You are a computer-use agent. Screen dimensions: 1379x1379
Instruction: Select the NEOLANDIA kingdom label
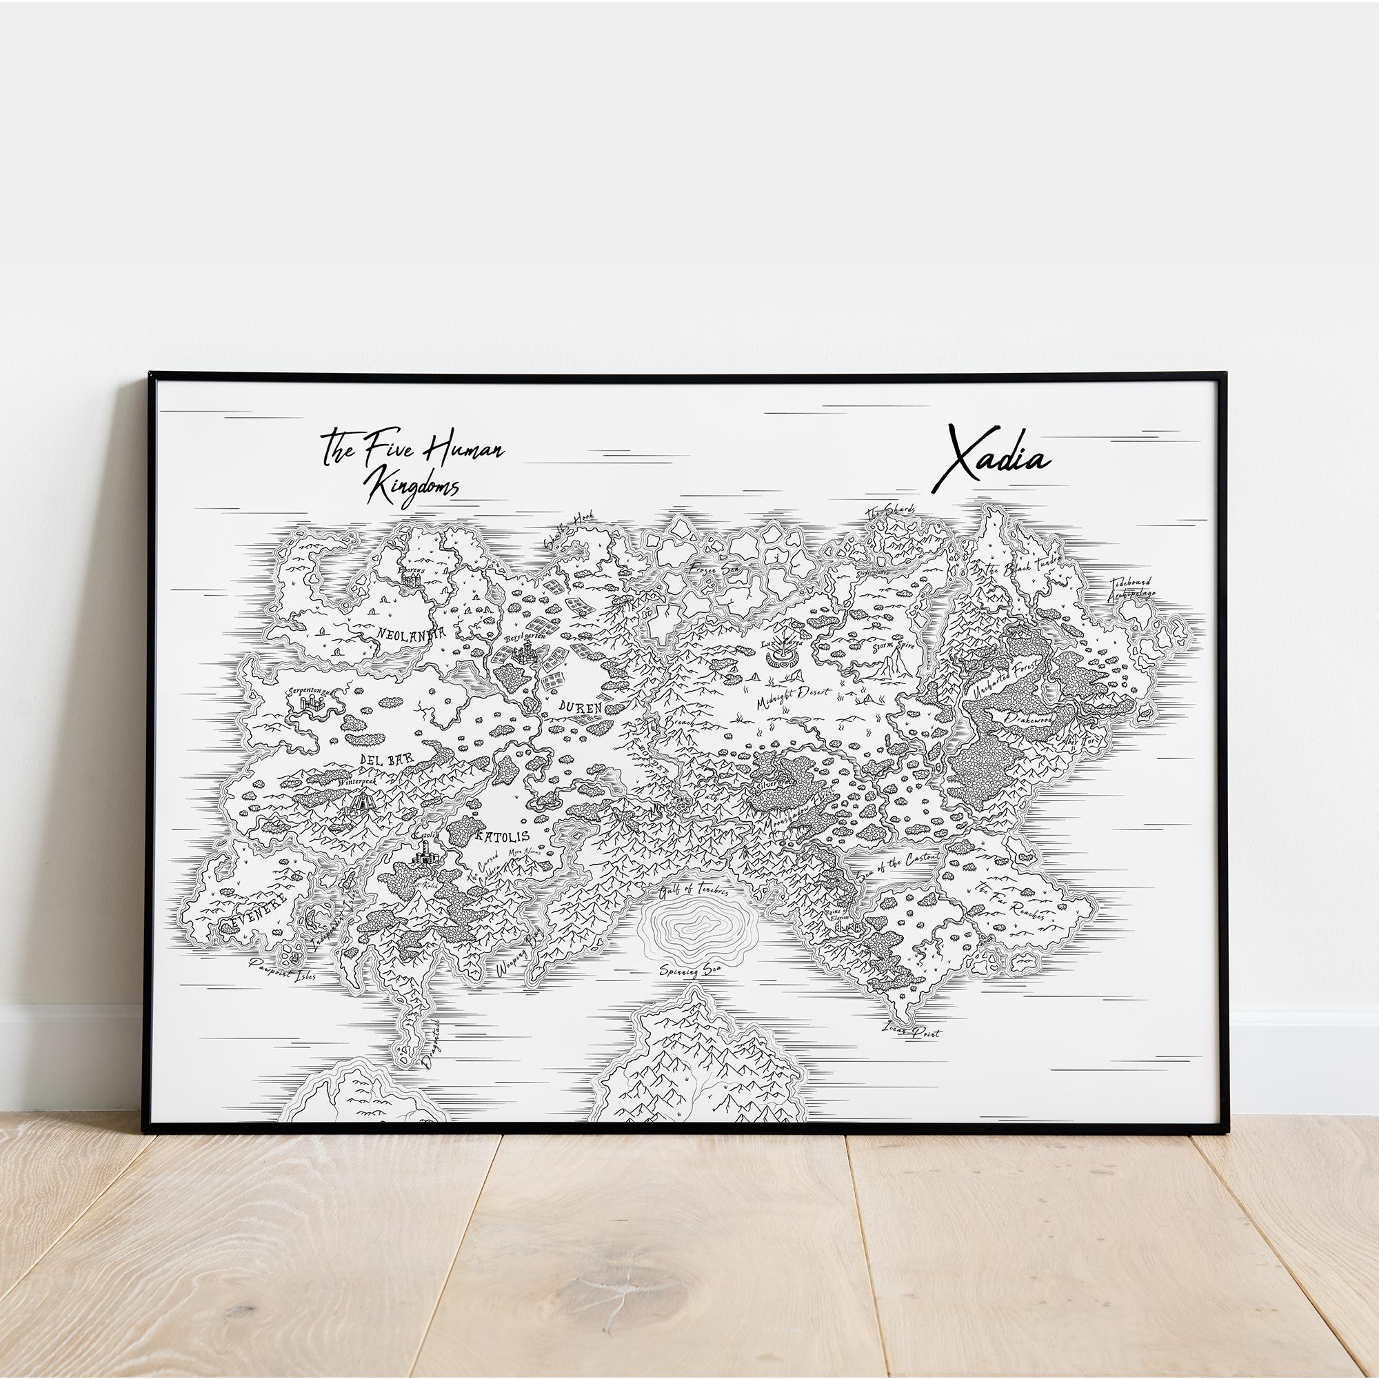coord(410,632)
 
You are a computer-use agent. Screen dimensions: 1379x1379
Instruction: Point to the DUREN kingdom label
coord(580,707)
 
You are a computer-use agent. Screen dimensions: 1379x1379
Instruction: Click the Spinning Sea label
coord(689,969)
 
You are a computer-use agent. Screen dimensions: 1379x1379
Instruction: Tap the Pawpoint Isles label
coord(282,969)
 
